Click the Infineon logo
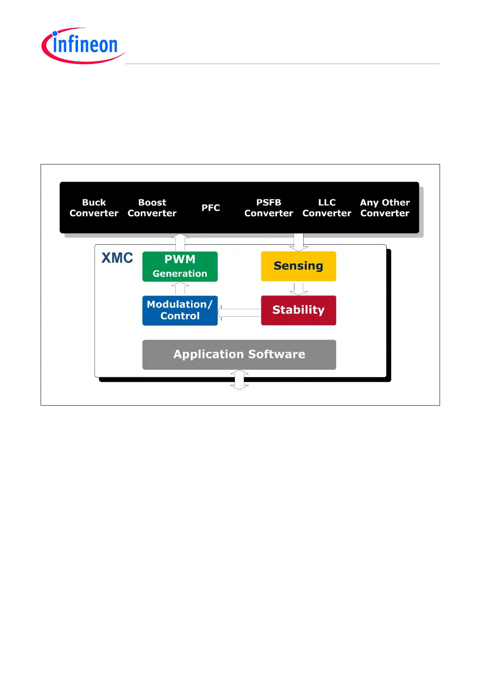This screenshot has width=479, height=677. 83,46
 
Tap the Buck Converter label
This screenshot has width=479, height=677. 94,207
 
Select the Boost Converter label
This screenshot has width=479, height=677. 152,207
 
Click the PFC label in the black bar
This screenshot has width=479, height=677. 210,207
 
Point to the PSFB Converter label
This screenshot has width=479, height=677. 269,207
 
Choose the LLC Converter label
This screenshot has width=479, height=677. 327,207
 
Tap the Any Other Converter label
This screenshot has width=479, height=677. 384,207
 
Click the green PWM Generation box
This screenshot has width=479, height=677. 180,267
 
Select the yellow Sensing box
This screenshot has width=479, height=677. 298,266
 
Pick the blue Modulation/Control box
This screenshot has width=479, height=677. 180,310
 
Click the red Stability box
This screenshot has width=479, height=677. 298,310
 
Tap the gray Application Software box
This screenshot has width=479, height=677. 239,355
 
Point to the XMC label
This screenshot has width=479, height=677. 117,258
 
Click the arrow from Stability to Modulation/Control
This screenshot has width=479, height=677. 239,312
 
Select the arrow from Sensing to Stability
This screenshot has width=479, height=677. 298,289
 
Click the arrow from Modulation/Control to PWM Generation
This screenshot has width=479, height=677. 180,288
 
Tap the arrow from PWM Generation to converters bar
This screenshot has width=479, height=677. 180,242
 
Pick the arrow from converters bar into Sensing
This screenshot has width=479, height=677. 298,242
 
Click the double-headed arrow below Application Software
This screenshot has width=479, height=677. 239,380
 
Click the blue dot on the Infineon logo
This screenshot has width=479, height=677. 55,33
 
